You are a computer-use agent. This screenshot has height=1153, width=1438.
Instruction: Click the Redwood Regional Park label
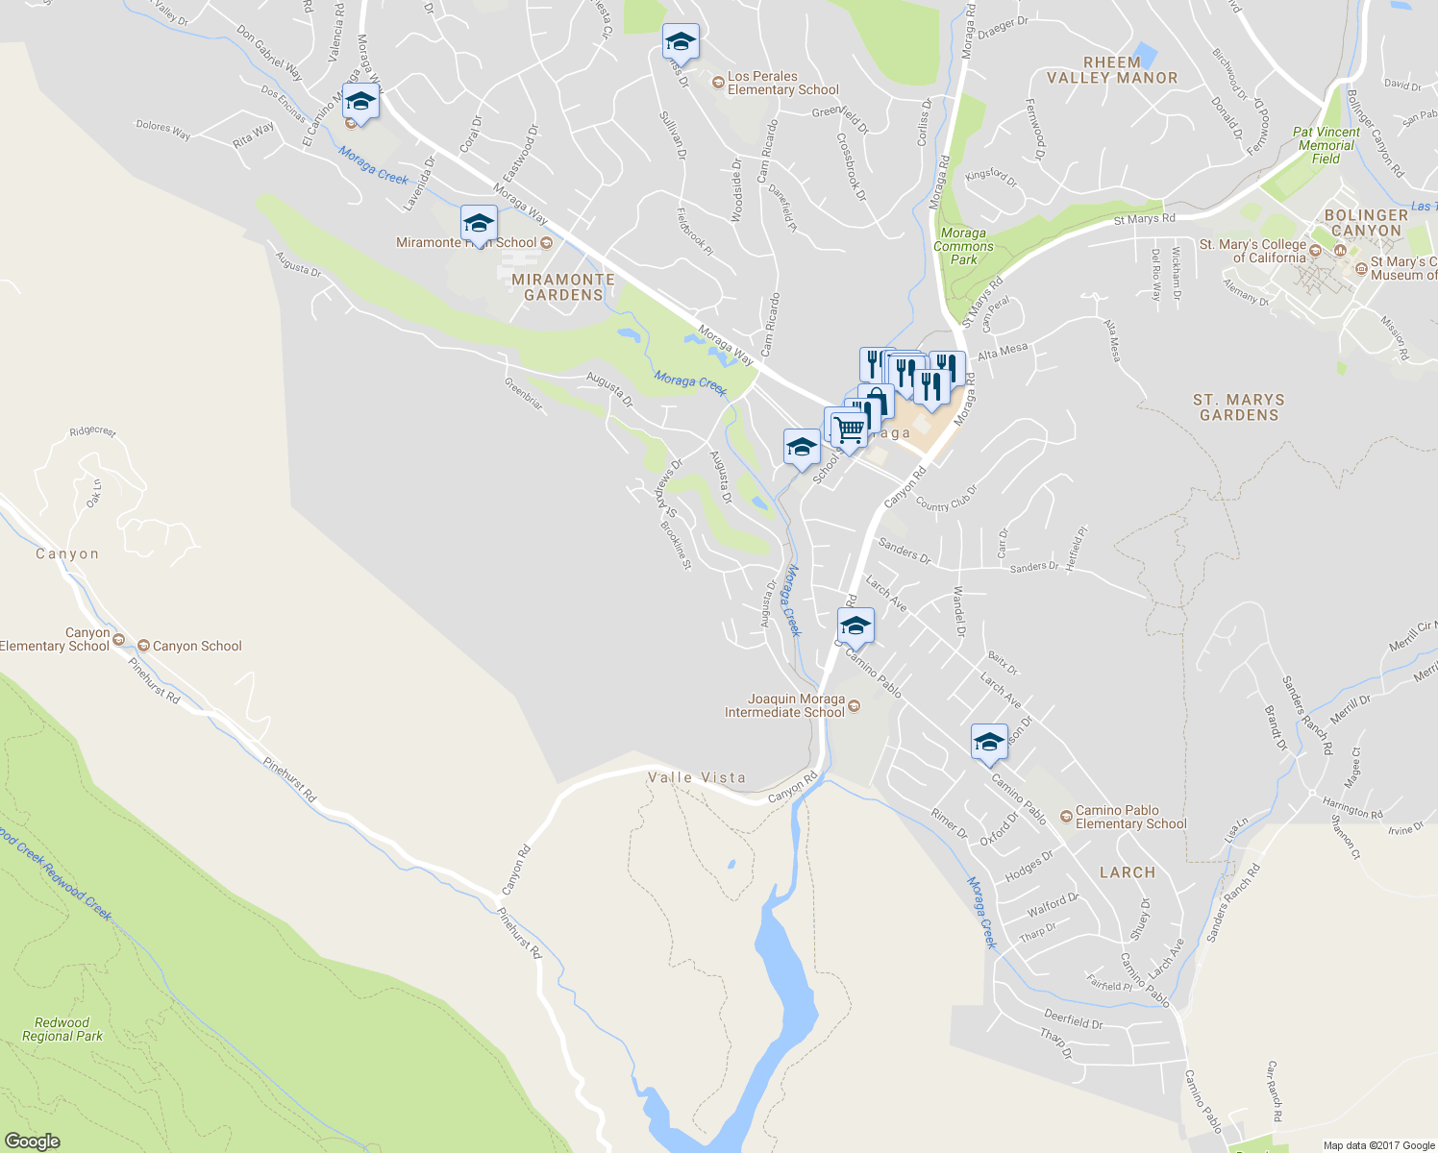[62, 1029]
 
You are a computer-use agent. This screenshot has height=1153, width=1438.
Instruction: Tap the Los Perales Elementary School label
[782, 84]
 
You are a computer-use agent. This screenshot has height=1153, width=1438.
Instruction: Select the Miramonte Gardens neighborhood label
[563, 287]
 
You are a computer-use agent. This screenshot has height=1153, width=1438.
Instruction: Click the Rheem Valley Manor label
[1112, 70]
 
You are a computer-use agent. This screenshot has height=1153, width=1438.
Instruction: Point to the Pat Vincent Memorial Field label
[1326, 145]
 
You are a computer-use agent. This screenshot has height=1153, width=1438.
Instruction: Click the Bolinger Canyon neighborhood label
[1366, 223]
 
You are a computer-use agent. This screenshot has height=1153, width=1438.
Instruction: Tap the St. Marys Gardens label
[1239, 407]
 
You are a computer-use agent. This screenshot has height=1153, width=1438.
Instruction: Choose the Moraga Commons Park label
[963, 246]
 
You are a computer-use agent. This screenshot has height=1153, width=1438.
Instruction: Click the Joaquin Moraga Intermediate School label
[784, 706]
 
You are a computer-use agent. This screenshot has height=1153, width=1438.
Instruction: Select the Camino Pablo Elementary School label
[1130, 817]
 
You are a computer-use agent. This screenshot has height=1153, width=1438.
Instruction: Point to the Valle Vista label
[697, 777]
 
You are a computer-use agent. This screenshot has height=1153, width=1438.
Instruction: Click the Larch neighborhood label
[1128, 872]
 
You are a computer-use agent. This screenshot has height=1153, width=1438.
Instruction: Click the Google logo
[32, 1141]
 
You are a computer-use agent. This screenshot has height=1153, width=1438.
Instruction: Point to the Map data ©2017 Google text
[1378, 1145]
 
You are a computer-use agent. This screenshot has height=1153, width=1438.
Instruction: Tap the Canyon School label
[197, 646]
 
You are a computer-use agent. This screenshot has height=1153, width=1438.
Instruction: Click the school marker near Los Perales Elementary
[681, 41]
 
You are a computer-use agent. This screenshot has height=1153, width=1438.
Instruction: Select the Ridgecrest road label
[92, 430]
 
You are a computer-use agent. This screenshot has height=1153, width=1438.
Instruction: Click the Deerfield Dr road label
[1073, 1019]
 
